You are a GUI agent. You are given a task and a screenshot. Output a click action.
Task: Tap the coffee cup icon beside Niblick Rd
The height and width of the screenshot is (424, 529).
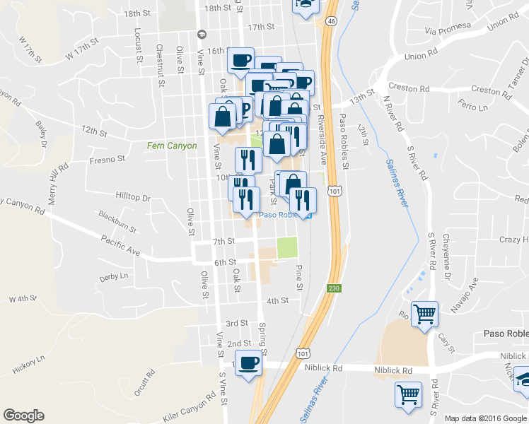point(248,363)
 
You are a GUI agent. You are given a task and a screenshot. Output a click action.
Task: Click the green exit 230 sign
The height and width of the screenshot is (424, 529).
point(334,288)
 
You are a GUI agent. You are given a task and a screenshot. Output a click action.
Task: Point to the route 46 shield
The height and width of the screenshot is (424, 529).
point(331,22)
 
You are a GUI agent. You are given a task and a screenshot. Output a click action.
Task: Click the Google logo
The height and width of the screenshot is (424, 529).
point(23,416)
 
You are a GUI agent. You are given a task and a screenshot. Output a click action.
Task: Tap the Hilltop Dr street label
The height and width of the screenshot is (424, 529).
point(133,197)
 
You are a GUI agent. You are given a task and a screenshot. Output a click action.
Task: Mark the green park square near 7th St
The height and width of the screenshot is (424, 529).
point(287,247)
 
